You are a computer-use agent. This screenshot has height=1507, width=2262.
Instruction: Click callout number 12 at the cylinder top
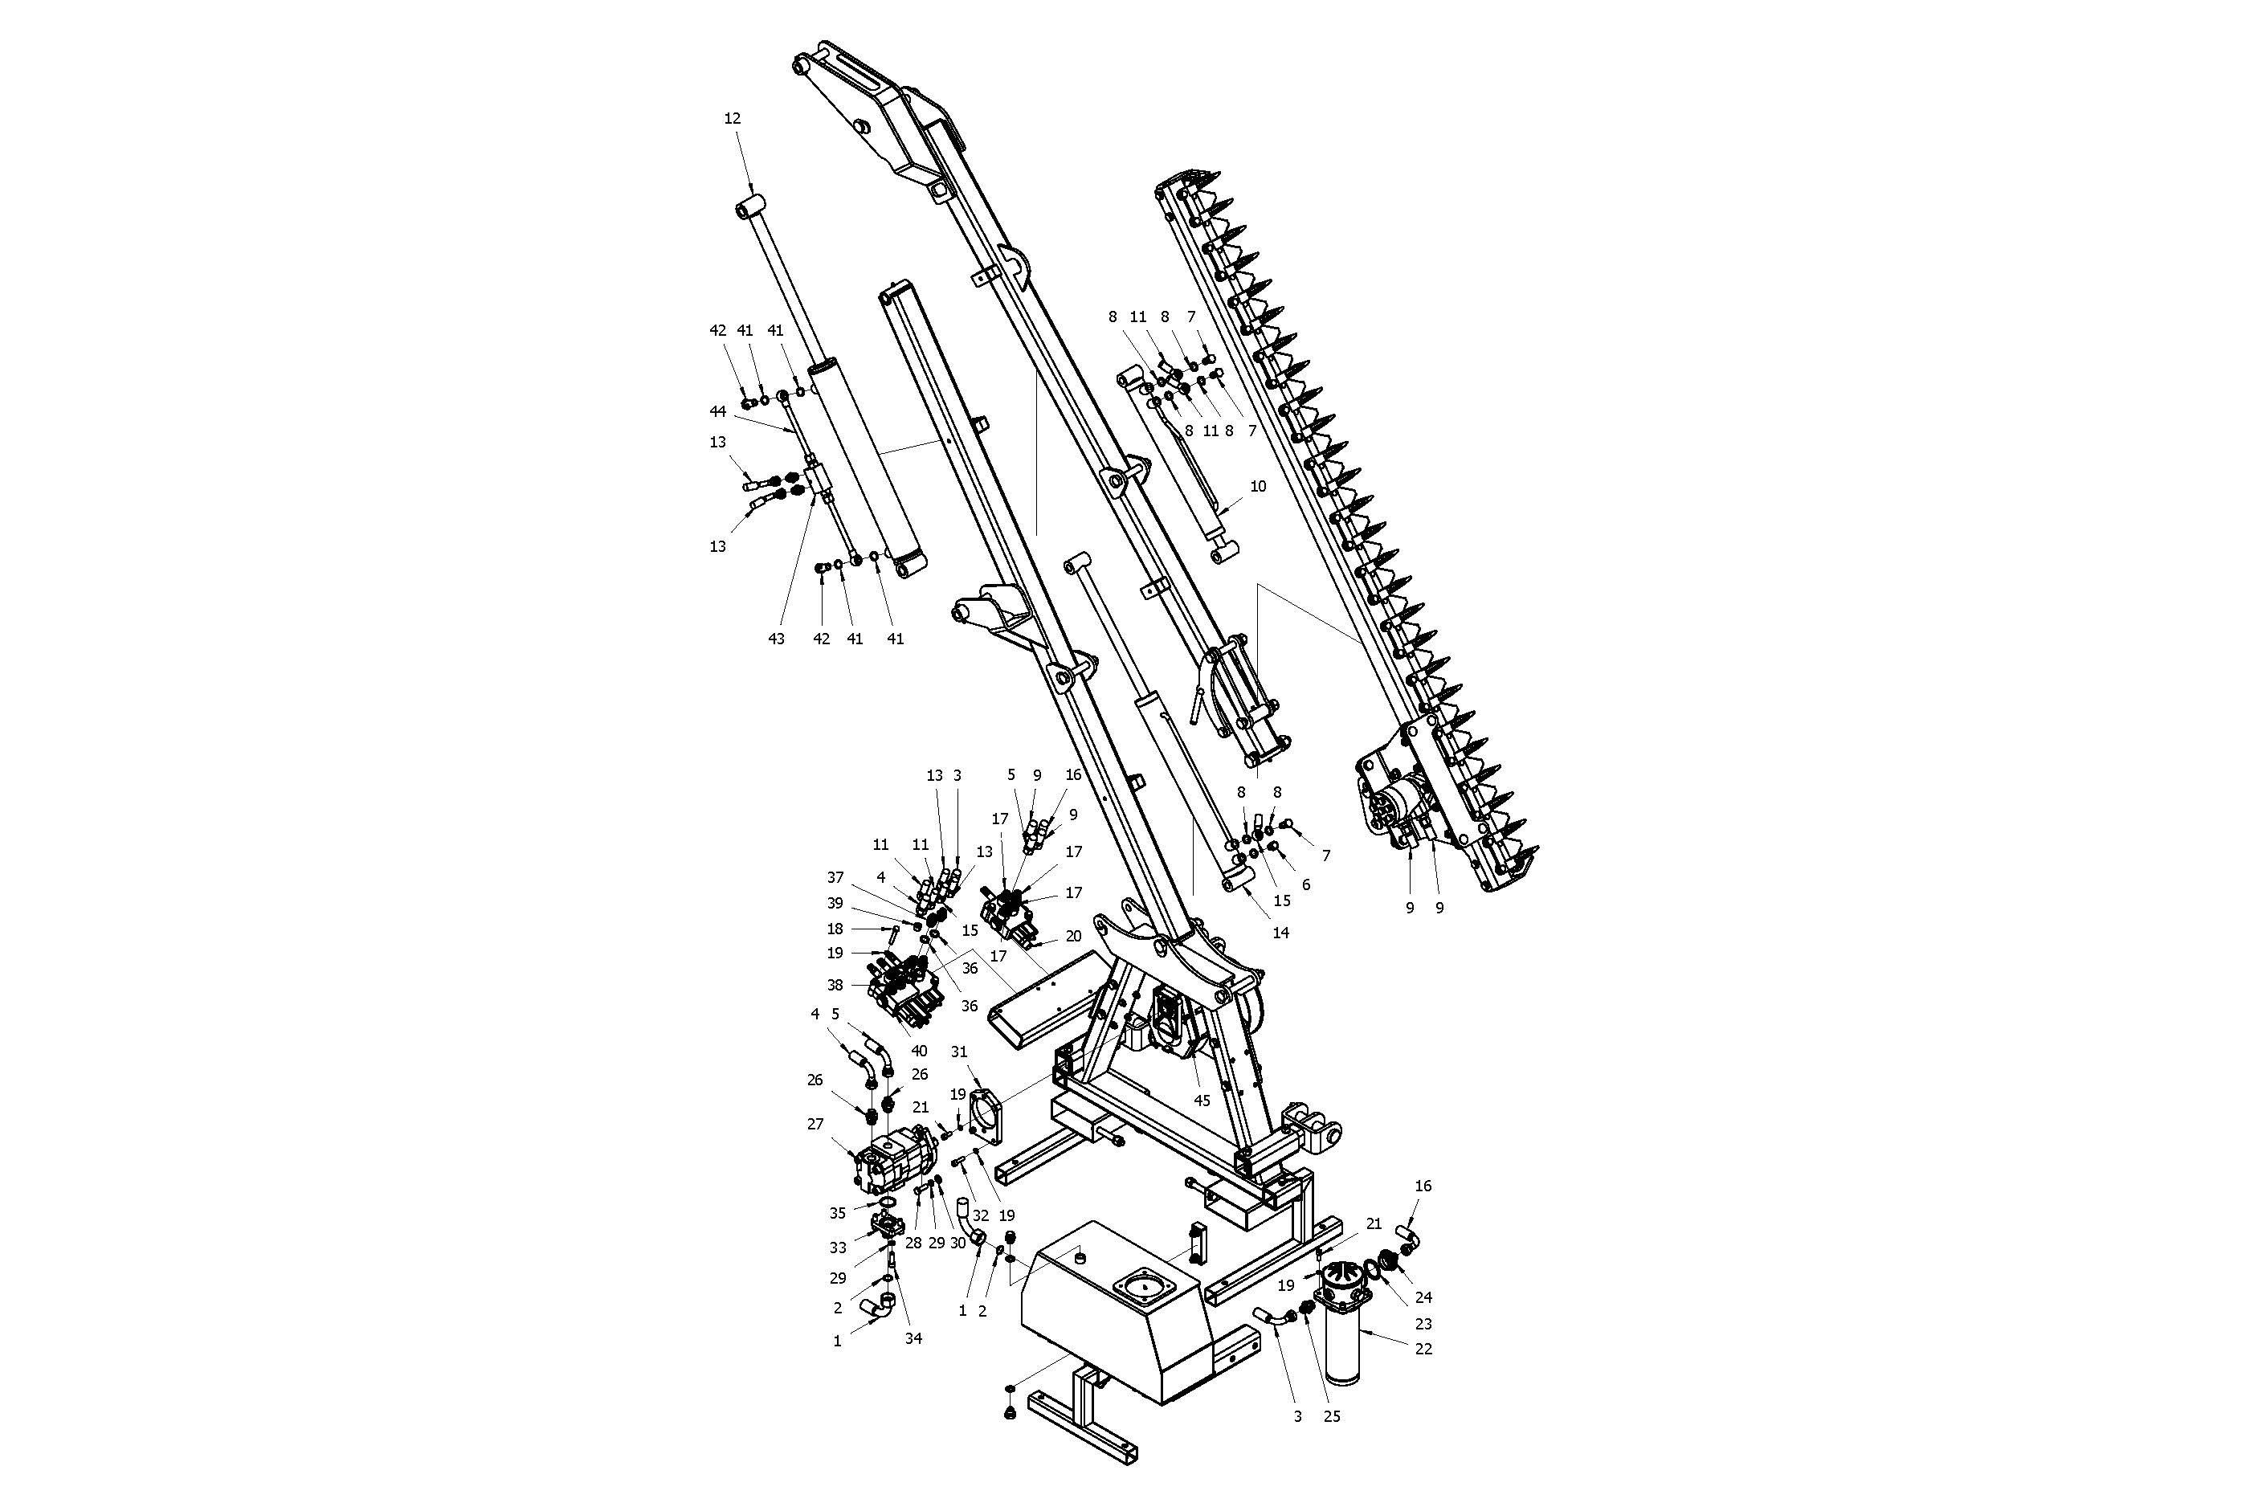733,118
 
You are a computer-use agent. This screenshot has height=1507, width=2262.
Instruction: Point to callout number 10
1258,486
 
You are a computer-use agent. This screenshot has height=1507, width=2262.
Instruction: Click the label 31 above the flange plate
959,1052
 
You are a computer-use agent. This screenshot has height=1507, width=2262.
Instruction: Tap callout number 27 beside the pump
815,1124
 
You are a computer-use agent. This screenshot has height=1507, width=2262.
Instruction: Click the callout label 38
835,985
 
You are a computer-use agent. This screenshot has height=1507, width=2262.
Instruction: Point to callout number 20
1073,936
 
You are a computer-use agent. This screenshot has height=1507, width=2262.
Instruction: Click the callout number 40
920,1051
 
